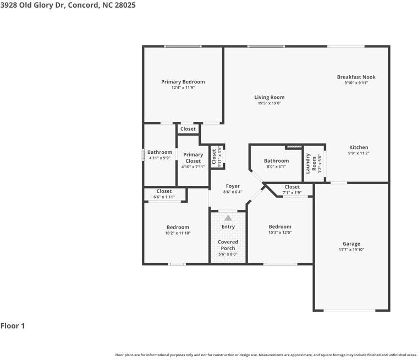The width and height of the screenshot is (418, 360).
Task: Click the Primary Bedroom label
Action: pos(183,82)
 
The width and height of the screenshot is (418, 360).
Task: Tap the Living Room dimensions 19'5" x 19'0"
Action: pos(269,103)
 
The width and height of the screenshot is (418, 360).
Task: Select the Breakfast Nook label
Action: pos(356,77)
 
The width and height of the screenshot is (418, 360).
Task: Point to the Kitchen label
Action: pos(359,147)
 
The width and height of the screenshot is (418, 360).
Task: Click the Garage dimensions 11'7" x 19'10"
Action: pos(351,250)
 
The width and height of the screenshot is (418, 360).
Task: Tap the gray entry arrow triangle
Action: pos(228,218)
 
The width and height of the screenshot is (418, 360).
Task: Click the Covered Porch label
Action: pos(228,245)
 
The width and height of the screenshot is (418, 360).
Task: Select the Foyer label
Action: pos(233,186)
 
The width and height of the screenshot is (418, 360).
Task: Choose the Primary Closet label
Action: pos(193,155)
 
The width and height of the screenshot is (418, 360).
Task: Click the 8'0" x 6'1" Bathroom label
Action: pos(276,161)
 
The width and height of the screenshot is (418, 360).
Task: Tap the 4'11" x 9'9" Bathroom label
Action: pos(159,152)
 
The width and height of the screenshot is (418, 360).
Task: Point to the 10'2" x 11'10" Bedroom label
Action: pos(178,227)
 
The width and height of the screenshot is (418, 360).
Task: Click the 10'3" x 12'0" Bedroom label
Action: pos(279,226)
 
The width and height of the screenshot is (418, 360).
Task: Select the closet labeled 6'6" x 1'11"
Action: pos(164,191)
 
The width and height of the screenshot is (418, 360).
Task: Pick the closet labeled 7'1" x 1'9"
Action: pos(292,187)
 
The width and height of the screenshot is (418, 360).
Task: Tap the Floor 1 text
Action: pos(13,326)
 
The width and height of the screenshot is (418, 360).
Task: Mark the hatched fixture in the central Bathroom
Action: pos(294,147)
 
